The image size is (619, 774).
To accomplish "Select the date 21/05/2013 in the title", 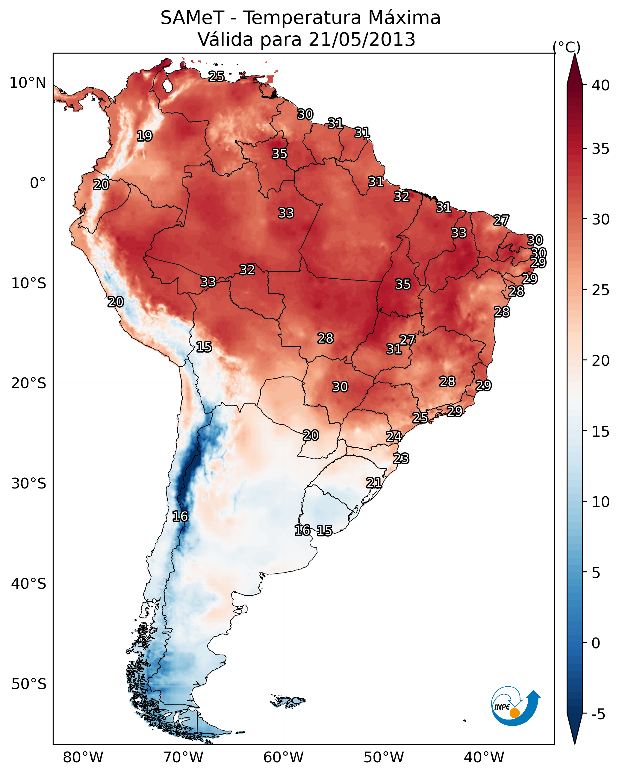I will click(361, 40).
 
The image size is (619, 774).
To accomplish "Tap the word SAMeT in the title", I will click(192, 18).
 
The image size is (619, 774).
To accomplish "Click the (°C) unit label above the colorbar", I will click(567, 47).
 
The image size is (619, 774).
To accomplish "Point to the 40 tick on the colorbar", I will click(601, 85).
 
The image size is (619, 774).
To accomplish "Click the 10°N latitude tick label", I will click(28, 83).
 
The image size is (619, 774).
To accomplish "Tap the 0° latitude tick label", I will click(38, 183).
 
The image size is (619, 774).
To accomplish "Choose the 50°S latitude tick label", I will click(29, 684).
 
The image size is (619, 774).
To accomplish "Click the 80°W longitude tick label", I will click(83, 757).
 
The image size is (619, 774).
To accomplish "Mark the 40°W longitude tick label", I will click(484, 757).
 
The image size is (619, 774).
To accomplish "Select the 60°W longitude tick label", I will click(284, 757).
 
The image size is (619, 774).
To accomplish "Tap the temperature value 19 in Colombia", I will click(144, 136).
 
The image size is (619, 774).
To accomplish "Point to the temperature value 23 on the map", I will click(401, 459).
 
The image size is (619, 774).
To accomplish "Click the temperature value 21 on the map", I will click(374, 482).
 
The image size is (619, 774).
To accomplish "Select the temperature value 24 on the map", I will click(394, 437).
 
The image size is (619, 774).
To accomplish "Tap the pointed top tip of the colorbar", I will click(574, 55).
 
